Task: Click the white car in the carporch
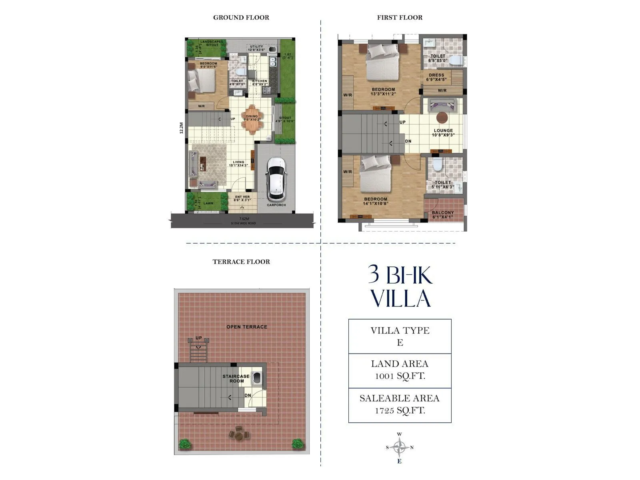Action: (x=276, y=178)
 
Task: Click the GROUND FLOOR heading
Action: (x=241, y=18)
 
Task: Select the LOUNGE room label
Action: (x=443, y=131)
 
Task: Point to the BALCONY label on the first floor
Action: (x=443, y=213)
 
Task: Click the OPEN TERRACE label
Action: (x=247, y=327)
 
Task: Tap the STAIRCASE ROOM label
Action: (x=236, y=378)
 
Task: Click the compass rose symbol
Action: (x=400, y=447)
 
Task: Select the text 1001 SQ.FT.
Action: (x=400, y=376)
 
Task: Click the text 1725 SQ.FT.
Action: (x=400, y=410)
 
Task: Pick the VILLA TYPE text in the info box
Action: (x=400, y=330)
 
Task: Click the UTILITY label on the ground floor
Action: (x=257, y=47)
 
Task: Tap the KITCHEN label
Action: (x=260, y=81)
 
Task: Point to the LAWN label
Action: (x=208, y=203)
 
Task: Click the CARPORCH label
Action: (x=276, y=205)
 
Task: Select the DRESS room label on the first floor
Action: (x=436, y=75)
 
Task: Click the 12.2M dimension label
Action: (x=181, y=128)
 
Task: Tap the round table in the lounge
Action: (x=442, y=117)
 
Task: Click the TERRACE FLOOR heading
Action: (x=241, y=262)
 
